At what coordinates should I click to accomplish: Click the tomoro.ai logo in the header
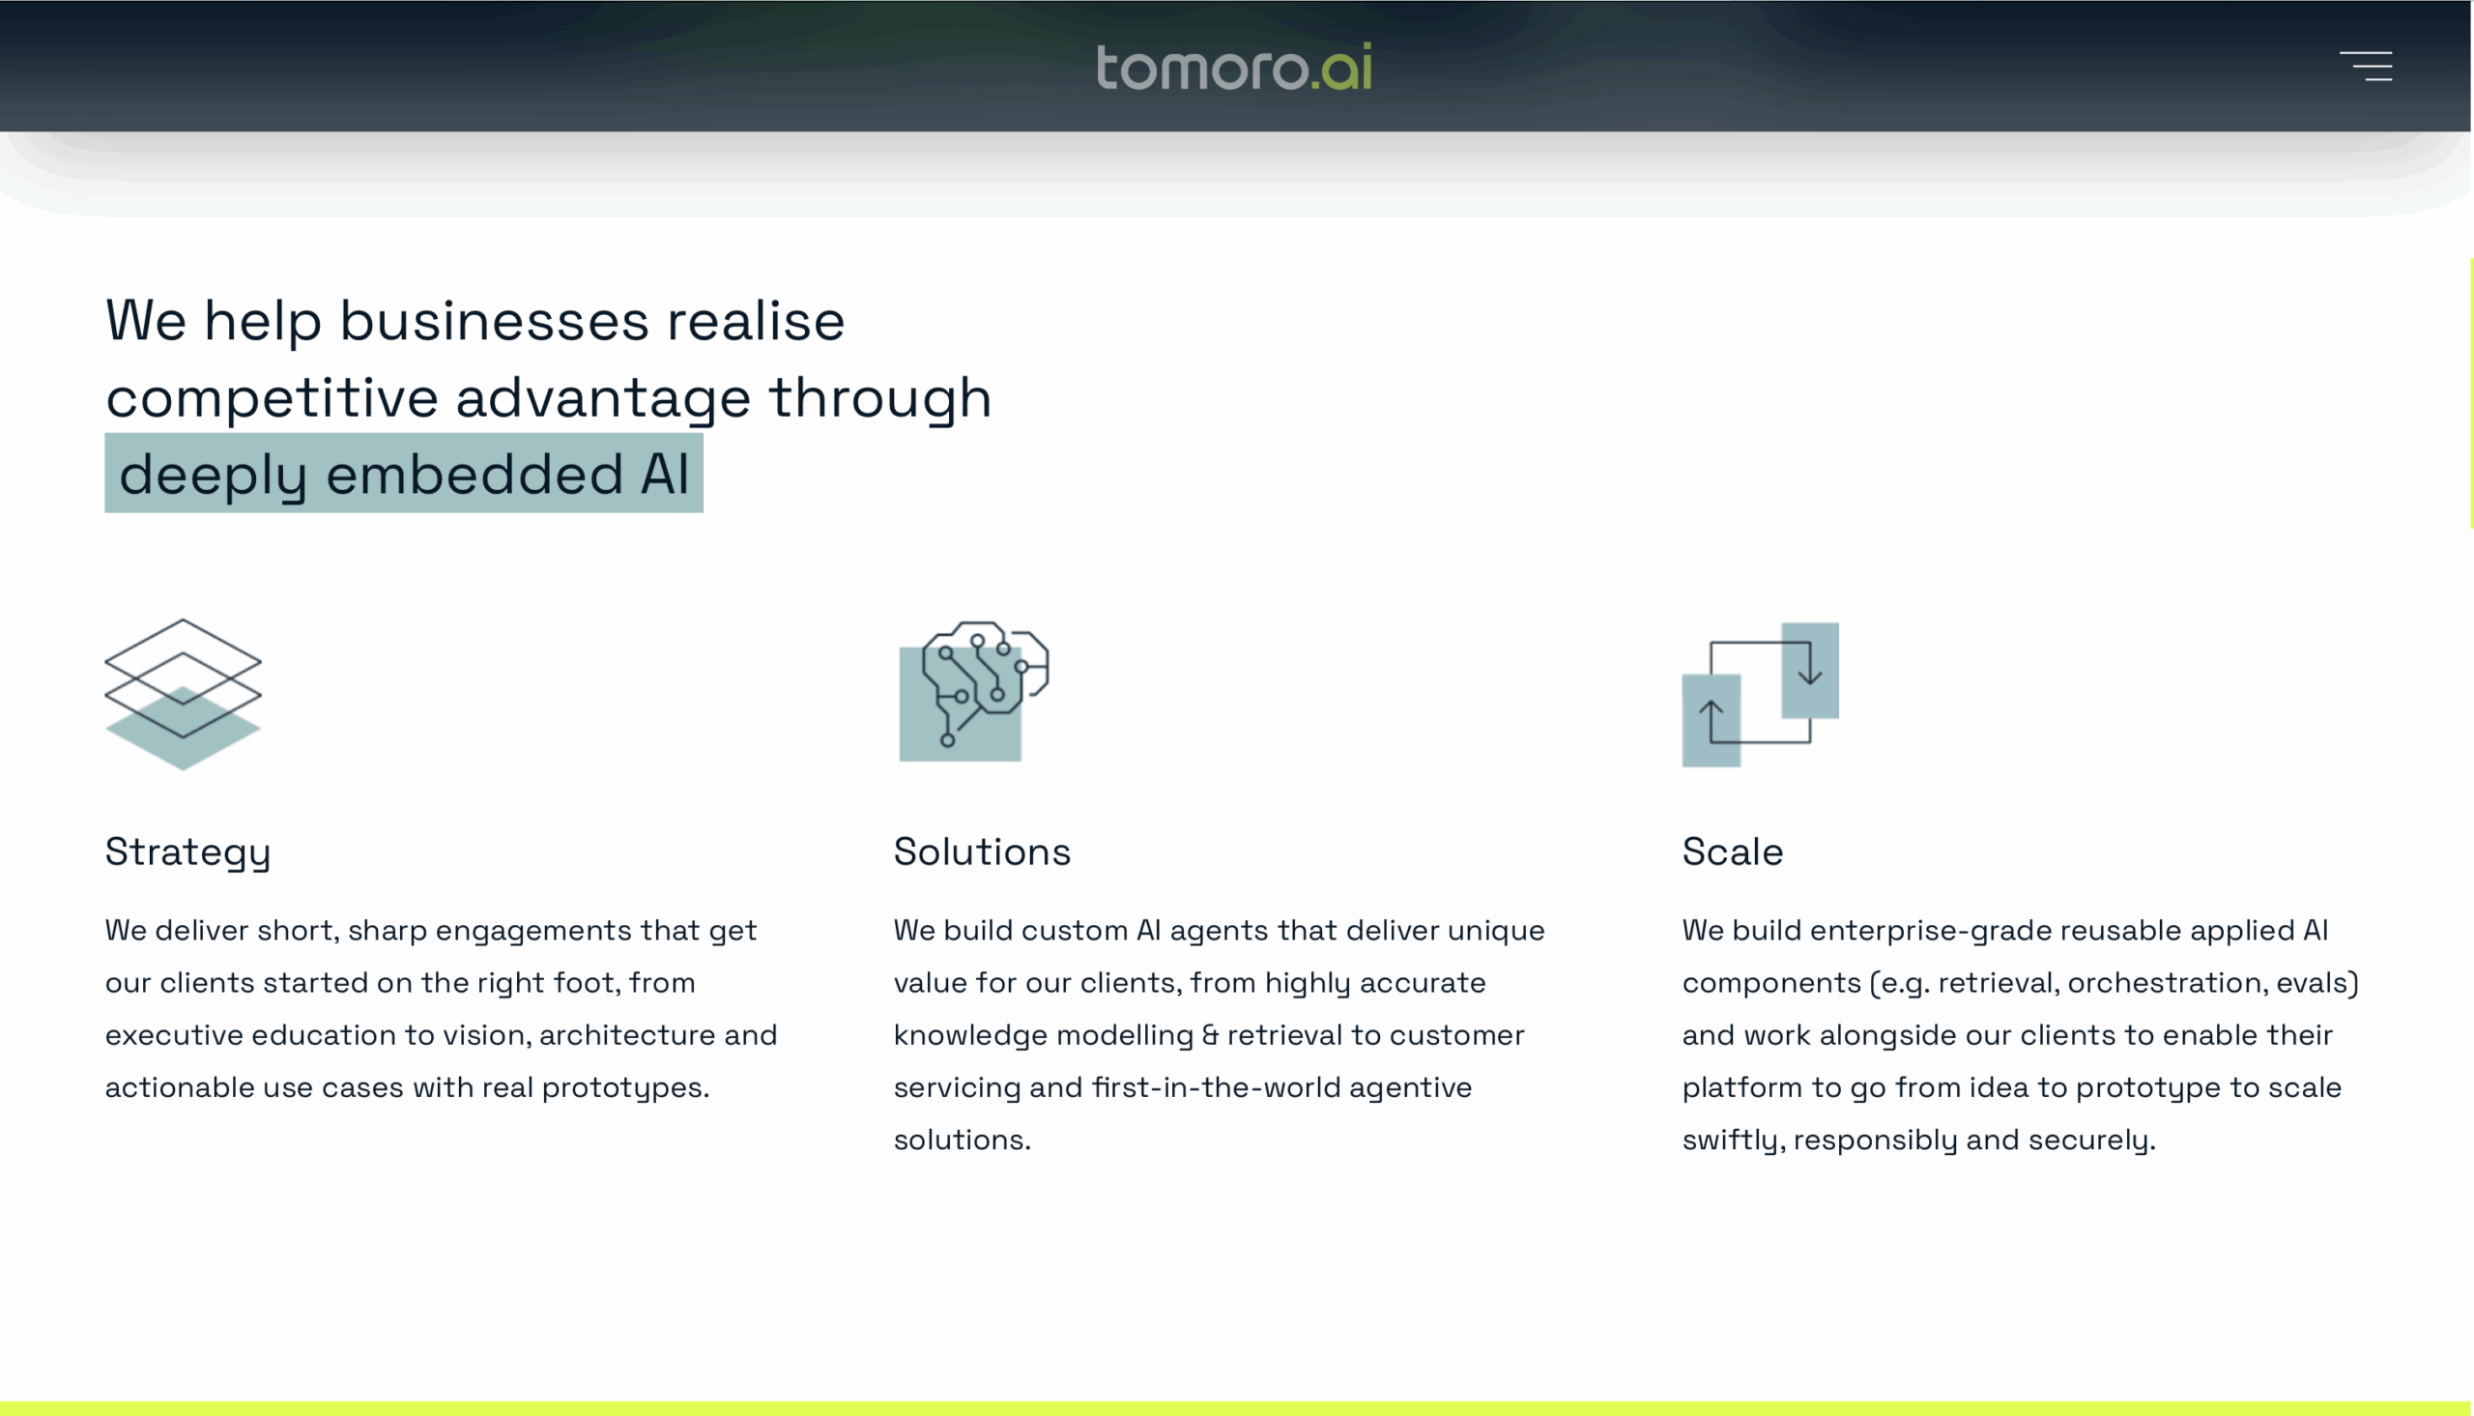1233,66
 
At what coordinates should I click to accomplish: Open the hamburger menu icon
2365,66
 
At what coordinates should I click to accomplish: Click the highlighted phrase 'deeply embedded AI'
403,474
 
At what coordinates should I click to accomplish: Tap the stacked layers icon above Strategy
183,694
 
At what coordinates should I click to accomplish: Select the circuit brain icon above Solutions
974,691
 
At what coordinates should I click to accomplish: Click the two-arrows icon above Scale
1761,694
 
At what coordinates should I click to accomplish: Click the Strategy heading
187,852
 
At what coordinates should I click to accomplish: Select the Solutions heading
982,852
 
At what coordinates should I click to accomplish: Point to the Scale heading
1733,852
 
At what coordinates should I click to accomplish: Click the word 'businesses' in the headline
494,321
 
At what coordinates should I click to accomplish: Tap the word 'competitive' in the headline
273,399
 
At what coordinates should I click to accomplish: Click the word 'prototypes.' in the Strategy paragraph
625,1088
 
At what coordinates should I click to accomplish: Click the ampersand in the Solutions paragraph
1210,1035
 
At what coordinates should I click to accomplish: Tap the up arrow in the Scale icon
1711,721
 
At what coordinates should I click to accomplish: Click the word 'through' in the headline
879,399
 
